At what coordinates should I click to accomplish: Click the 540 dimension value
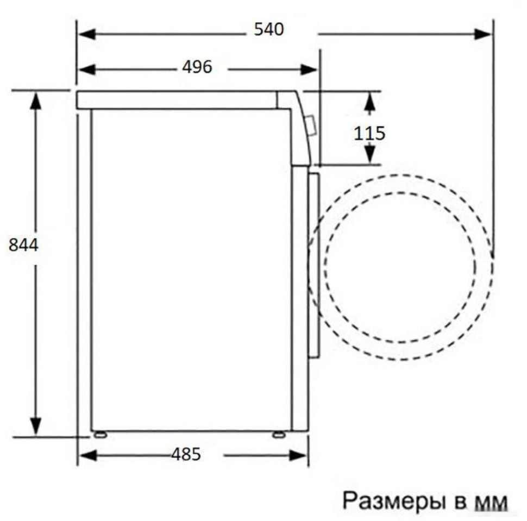point(269,29)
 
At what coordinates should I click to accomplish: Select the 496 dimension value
point(197,67)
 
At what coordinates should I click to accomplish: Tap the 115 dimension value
point(369,133)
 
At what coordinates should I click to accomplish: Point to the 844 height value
point(24,245)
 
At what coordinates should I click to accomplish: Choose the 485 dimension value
point(186,454)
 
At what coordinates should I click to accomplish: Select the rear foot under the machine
point(99,434)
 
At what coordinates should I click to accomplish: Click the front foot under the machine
point(279,434)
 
